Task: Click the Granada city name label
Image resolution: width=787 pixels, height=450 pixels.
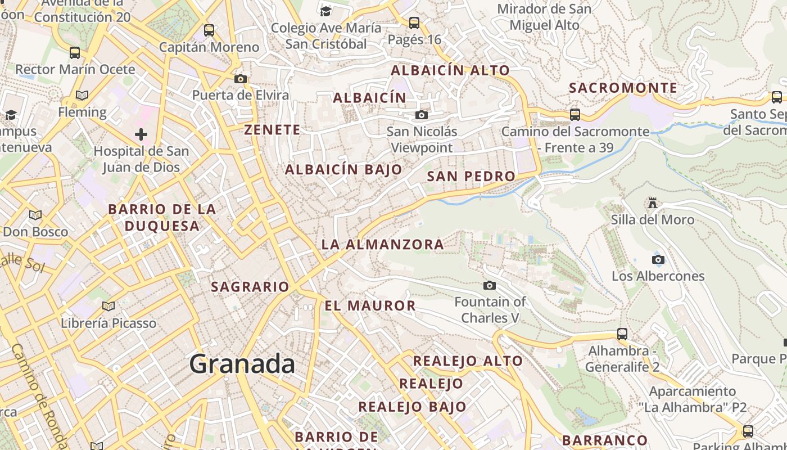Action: pos(242,364)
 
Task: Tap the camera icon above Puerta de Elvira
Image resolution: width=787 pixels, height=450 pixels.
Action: pos(241,79)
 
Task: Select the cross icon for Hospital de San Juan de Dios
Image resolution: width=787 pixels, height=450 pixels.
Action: pos(141,134)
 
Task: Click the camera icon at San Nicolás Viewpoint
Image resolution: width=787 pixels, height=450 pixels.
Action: pos(421,115)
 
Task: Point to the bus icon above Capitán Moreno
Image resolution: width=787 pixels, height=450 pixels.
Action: pos(209,30)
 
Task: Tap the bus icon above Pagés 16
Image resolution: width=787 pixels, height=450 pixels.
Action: pos(414,23)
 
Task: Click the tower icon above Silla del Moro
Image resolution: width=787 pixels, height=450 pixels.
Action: pos(653,202)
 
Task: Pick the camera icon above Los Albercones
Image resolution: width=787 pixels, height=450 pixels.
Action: pos(658,259)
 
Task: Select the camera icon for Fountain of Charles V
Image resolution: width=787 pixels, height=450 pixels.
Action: pos(490,285)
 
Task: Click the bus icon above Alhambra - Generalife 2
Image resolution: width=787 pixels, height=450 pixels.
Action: pos(622,334)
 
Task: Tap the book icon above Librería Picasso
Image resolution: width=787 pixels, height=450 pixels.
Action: pos(108,306)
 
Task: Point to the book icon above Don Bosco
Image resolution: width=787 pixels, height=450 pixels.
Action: pos(35,215)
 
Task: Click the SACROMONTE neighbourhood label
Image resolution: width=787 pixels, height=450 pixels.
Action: pos(623,88)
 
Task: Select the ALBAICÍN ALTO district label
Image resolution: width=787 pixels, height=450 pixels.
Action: pos(450,70)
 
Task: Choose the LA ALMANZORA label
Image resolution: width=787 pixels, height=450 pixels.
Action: pos(382,244)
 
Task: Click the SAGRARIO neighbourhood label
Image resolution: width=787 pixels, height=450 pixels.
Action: pos(250,286)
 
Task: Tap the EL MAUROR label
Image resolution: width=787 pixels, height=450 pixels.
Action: pos(370,305)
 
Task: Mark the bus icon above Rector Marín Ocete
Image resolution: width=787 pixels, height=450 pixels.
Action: pos(75,53)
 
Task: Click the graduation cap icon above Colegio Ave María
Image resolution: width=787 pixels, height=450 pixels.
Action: pos(325,11)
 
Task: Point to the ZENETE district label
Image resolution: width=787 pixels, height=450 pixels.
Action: pos(272,129)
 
